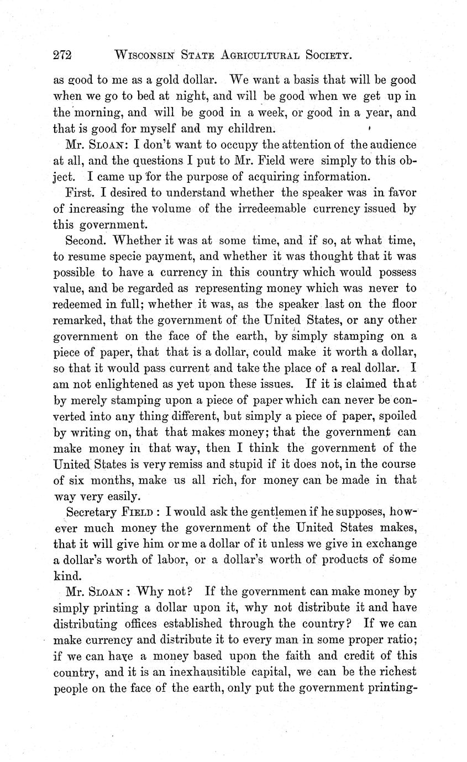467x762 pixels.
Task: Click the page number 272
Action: (64, 55)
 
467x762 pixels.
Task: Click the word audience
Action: (390, 144)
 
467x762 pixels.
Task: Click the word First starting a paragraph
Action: (78, 193)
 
